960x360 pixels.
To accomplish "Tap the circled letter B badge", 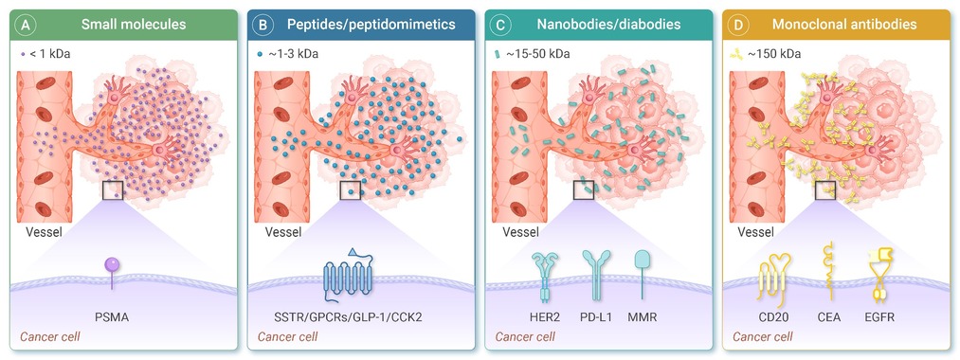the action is point(263,25).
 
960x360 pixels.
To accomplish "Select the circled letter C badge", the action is point(500,25).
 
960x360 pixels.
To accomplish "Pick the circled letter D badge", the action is point(737,25).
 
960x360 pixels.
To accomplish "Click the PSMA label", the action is point(112,317).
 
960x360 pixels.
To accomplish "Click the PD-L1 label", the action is point(594,317).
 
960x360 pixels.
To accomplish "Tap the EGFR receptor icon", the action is point(881,276).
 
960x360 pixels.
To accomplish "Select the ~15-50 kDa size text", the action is point(538,54).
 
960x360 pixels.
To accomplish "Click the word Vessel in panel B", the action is point(282,232).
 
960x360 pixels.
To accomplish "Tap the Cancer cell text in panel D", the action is point(763,336).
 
